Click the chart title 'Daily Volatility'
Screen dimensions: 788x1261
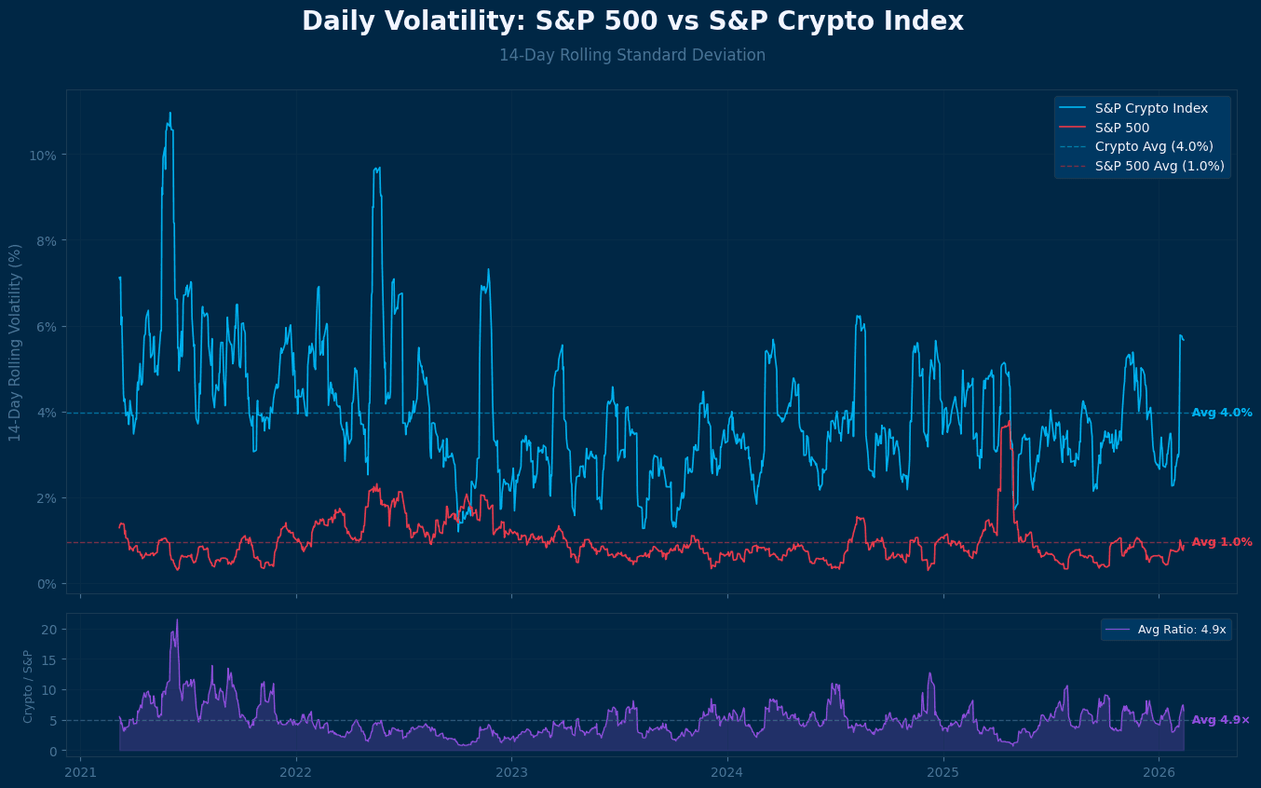click(631, 21)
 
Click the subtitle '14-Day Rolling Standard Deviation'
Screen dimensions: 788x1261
click(631, 56)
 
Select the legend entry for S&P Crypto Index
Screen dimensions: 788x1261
click(1151, 109)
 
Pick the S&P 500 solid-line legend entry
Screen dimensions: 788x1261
click(1121, 129)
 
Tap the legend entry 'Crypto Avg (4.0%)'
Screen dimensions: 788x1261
click(1153, 147)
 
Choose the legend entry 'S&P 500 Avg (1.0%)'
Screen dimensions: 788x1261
click(1159, 167)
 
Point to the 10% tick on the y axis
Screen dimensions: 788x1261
click(43, 155)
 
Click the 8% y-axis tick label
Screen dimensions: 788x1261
click(46, 240)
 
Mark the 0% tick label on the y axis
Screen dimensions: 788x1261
click(46, 584)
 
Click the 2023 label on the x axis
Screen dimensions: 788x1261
click(511, 772)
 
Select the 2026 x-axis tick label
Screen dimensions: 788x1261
click(1158, 772)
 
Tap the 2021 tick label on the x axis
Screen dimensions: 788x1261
click(81, 772)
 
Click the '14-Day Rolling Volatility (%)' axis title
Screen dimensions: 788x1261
click(15, 342)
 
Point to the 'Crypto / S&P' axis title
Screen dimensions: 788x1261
click(28, 686)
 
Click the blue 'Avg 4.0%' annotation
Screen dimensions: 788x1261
click(1221, 413)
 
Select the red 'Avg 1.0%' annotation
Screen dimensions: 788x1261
click(1221, 542)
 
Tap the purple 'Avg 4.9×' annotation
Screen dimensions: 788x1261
click(1220, 720)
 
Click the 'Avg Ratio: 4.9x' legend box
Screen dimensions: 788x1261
click(1166, 630)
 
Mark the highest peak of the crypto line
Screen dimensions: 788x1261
click(169, 114)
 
